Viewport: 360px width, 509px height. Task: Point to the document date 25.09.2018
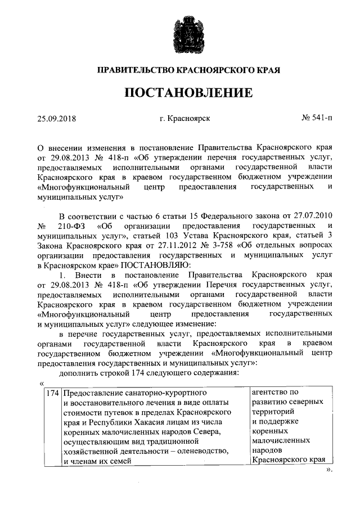click(x=56, y=119)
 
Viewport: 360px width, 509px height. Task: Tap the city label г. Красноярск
click(x=181, y=119)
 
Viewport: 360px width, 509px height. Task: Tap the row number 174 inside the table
click(x=52, y=393)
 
